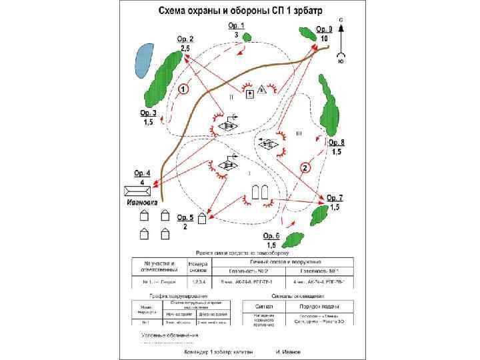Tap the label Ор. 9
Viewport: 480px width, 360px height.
pyautogui.click(x=323, y=29)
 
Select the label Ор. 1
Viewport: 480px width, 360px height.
pyautogui.click(x=236, y=25)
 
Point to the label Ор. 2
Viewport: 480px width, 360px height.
pyautogui.click(x=185, y=39)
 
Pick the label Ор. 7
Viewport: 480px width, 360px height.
pyautogui.click(x=335, y=198)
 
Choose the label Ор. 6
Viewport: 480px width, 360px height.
pyautogui.click(x=271, y=237)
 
